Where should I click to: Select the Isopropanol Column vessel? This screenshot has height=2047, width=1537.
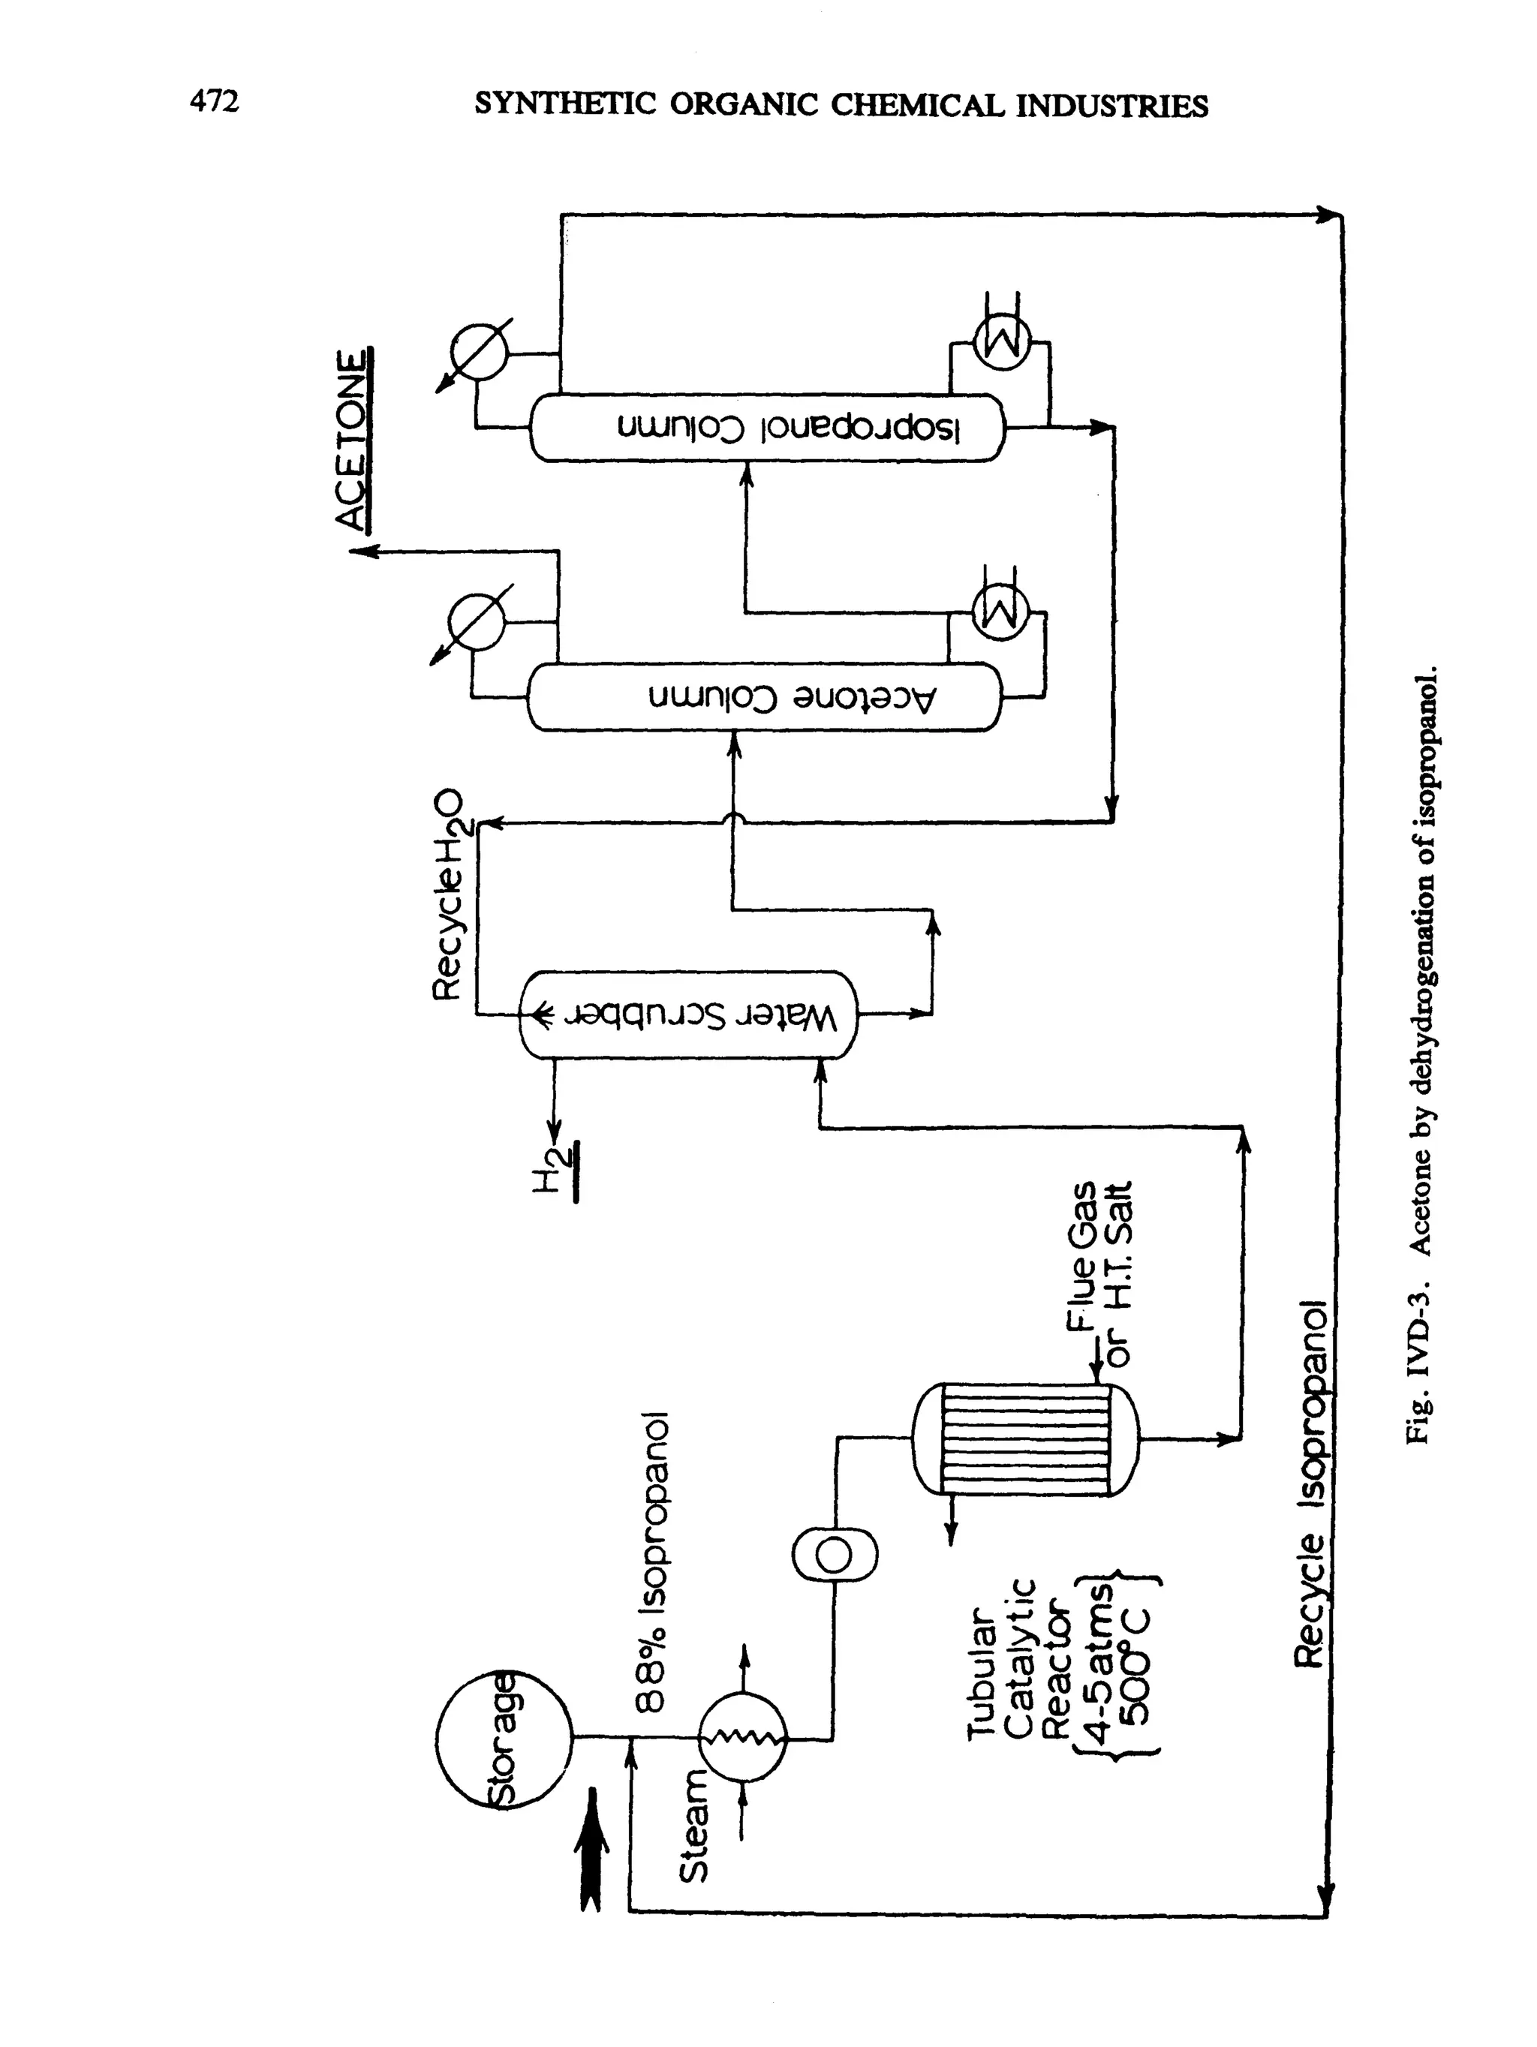[x=766, y=428]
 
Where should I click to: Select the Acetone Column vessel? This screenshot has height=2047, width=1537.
[x=764, y=697]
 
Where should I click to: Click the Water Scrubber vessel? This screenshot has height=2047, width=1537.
[x=688, y=1014]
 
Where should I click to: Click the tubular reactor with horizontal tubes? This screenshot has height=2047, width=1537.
[x=1025, y=1439]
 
